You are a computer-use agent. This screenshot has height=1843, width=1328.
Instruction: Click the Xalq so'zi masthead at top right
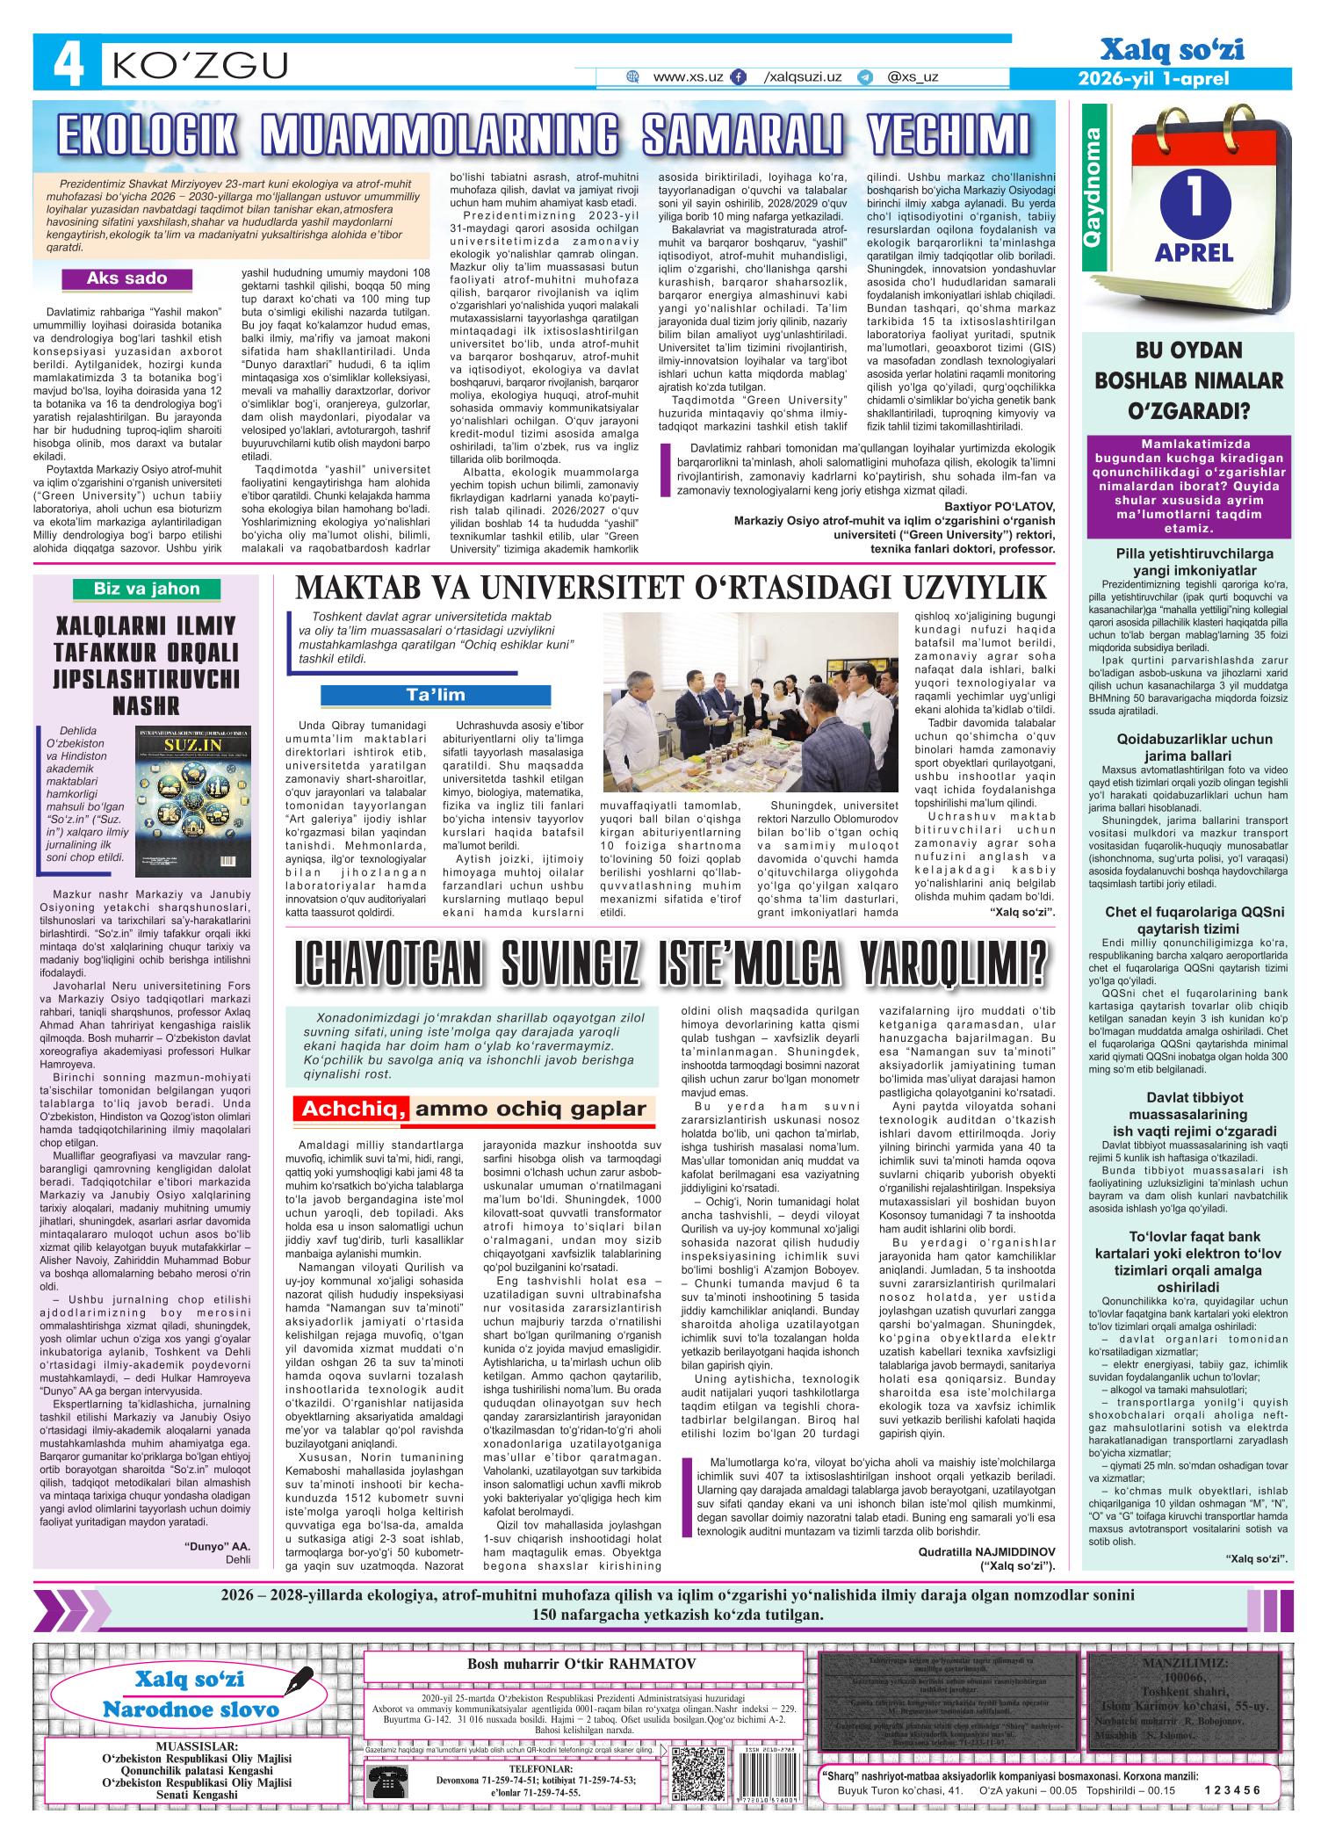1175,51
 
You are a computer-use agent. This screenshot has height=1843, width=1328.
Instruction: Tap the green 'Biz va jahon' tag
147,588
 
